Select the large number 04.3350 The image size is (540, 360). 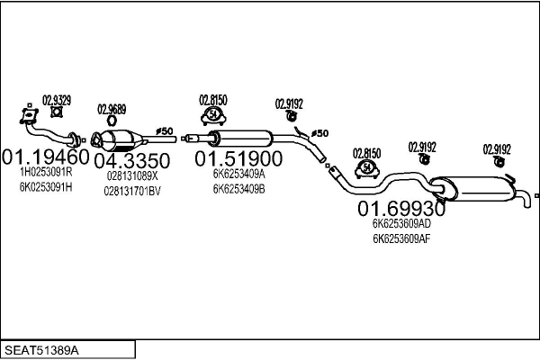click(132, 158)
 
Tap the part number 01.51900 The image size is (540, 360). click(238, 158)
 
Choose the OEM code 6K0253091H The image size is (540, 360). click(45, 187)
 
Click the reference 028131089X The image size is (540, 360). click(132, 175)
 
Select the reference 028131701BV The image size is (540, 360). click(132, 190)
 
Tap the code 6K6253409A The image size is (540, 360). click(238, 175)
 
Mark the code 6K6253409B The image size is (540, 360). click(238, 189)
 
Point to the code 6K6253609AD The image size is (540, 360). click(401, 225)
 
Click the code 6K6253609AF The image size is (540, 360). click(401, 238)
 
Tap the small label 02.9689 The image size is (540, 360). click(112, 109)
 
